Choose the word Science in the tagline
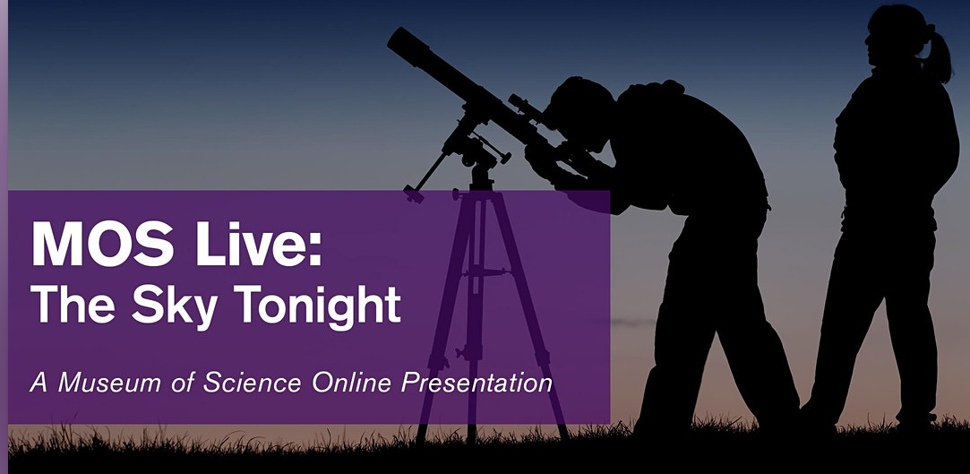[252, 382]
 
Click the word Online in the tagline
[351, 382]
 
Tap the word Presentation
[476, 382]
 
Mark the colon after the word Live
[315, 249]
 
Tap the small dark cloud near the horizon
[631, 323]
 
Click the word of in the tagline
[183, 382]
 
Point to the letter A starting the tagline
[39, 383]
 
